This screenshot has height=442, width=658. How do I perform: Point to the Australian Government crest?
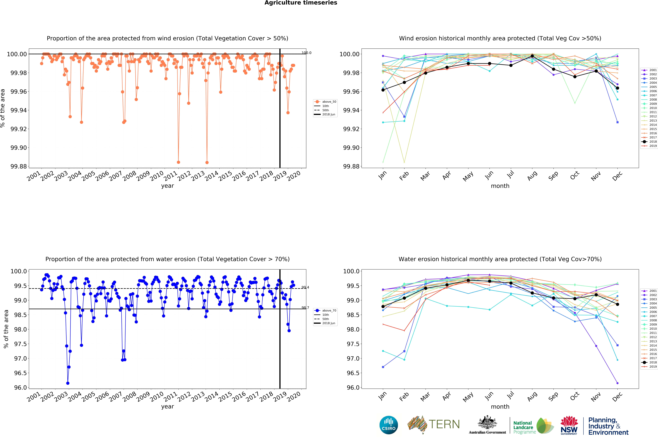tap(487, 423)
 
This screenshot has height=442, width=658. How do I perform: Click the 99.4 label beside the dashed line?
tap(305, 287)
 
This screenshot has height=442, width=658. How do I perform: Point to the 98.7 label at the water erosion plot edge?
tap(305, 308)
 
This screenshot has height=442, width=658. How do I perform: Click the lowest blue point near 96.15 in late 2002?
tap(68, 383)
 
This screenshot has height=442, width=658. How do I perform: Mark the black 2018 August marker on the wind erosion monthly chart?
tap(532, 56)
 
